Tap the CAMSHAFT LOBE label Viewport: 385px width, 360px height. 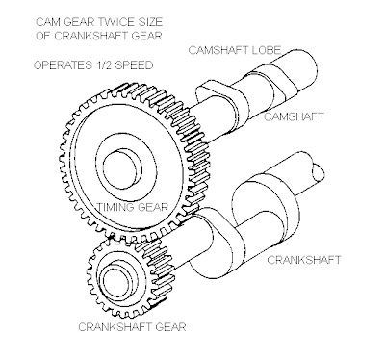(x=235, y=50)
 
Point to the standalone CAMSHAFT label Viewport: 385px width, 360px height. (x=294, y=116)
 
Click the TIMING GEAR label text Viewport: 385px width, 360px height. (x=133, y=207)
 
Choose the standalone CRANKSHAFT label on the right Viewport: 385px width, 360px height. (x=304, y=259)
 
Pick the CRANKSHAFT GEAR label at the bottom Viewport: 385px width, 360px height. (x=132, y=327)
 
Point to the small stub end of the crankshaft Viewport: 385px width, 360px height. (x=319, y=172)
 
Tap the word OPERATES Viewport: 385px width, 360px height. (x=63, y=65)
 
